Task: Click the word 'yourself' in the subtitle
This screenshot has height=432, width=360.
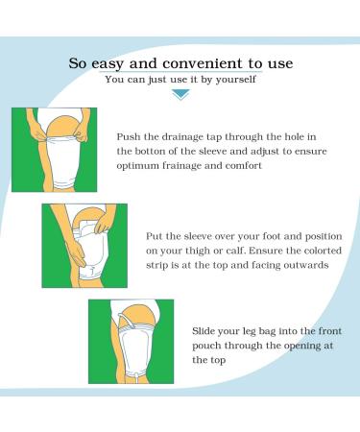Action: tap(237, 80)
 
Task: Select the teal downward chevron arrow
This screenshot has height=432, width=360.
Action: tap(180, 95)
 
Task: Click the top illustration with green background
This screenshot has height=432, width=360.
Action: tap(54, 150)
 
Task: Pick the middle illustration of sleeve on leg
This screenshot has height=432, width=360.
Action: tap(84, 244)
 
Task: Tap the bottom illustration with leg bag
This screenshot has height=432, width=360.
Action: tap(131, 342)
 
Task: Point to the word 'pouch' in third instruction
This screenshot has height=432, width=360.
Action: tap(208, 344)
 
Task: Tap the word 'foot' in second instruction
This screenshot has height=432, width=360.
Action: tap(283, 233)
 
